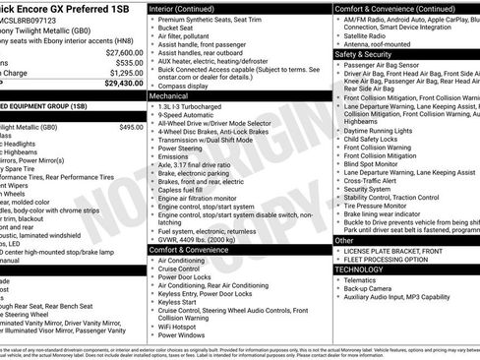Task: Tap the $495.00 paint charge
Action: coord(131,127)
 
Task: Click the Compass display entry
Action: coord(184,87)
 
